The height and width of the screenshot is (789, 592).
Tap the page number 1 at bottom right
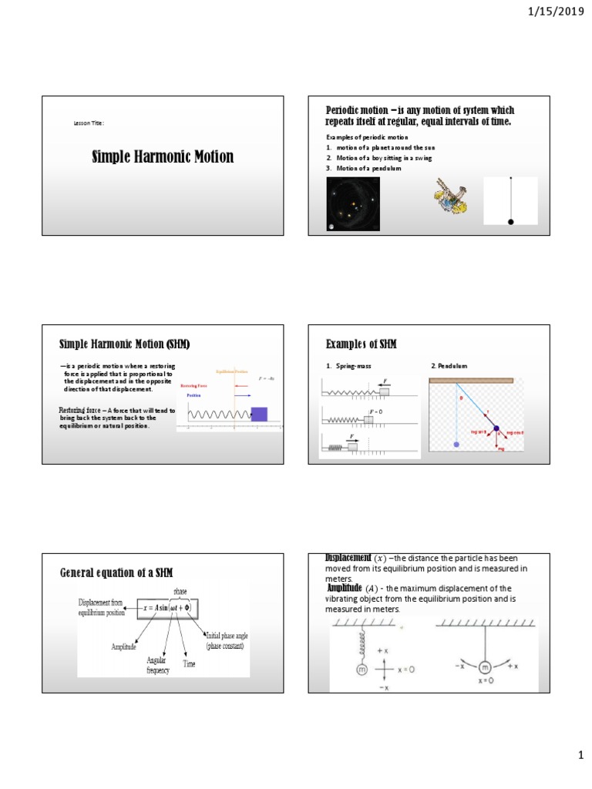580,757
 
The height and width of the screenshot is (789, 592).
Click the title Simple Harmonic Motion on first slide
163,157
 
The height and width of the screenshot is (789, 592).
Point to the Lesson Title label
89,123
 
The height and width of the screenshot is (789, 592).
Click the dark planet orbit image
354,203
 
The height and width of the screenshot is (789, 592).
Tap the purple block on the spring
259,415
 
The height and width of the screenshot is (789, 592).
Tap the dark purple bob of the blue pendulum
496,428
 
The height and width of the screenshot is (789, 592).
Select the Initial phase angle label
225,640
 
